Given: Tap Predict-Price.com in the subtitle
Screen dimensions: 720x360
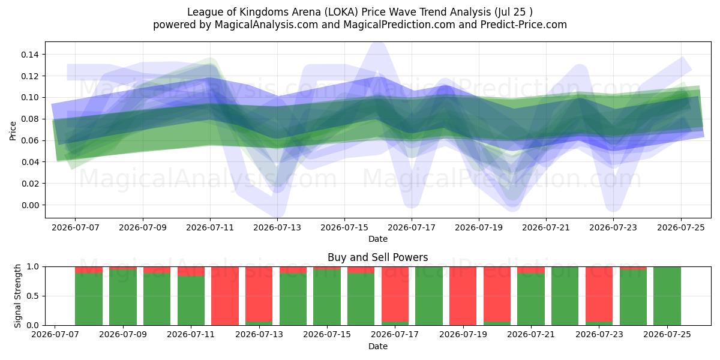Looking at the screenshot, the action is [x=524, y=25].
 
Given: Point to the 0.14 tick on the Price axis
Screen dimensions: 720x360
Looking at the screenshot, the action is [x=29, y=55].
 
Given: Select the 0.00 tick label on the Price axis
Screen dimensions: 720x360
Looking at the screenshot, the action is [x=29, y=205].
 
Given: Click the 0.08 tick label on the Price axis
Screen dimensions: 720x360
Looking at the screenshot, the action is [x=29, y=119].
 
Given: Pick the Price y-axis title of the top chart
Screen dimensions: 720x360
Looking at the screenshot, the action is [x=13, y=131].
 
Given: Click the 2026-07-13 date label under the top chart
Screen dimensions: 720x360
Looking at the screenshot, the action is [x=277, y=228].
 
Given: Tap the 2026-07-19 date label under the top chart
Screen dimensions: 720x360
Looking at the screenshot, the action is [x=479, y=228].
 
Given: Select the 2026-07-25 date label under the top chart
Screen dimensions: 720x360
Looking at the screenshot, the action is [x=681, y=228].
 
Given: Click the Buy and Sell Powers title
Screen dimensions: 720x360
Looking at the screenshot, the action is [x=377, y=257].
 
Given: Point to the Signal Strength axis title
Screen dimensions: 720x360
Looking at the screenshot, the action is [x=17, y=296].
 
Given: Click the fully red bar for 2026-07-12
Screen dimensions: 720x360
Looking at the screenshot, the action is [x=225, y=296].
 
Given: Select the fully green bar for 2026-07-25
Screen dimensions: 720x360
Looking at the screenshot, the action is [x=667, y=296].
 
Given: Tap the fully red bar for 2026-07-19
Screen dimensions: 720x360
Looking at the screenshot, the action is [x=463, y=296].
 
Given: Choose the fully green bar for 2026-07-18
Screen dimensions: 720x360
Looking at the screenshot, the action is [x=429, y=296].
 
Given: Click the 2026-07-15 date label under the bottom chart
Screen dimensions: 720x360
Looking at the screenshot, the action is [x=327, y=335].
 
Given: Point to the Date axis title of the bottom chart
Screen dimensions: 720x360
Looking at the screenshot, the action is [x=377, y=347].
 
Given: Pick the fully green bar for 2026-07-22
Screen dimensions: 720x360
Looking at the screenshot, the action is [x=565, y=296].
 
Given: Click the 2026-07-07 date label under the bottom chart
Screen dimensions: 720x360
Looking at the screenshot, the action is [x=55, y=335].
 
